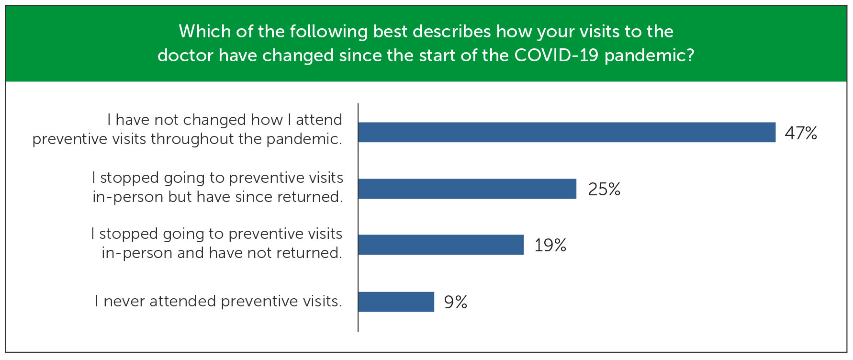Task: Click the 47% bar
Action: [x=567, y=132]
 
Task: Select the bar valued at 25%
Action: [x=467, y=189]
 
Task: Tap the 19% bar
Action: [x=441, y=245]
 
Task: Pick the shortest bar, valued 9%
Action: [x=396, y=302]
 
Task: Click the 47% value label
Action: [x=801, y=133]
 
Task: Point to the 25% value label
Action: [x=604, y=189]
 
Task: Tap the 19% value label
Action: [x=550, y=245]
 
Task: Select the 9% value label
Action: [x=456, y=302]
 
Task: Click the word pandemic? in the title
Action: [x=649, y=56]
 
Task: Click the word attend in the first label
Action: [x=319, y=120]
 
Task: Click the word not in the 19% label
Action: [x=272, y=253]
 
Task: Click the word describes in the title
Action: [x=452, y=32]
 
